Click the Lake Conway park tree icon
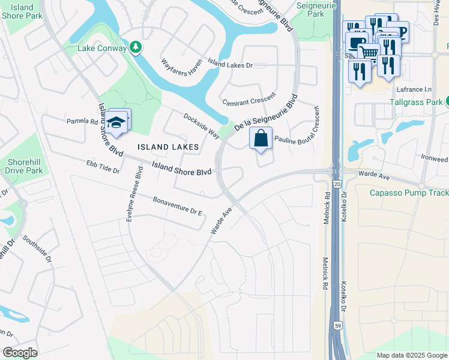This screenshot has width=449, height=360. click(136, 47)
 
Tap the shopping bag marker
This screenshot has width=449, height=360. click(261, 139)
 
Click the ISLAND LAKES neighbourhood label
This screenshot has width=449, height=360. click(167, 147)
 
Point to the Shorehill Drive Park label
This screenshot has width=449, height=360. click(25, 166)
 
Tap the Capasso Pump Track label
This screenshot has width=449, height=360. click(401, 193)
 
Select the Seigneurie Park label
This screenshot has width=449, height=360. click(311, 8)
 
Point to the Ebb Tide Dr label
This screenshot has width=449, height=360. click(103, 166)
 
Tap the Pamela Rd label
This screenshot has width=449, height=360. click(82, 121)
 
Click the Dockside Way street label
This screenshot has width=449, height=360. click(201, 125)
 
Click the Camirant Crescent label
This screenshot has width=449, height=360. click(249, 100)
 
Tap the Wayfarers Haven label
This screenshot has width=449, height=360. click(182, 66)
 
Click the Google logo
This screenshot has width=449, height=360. click(20, 353)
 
